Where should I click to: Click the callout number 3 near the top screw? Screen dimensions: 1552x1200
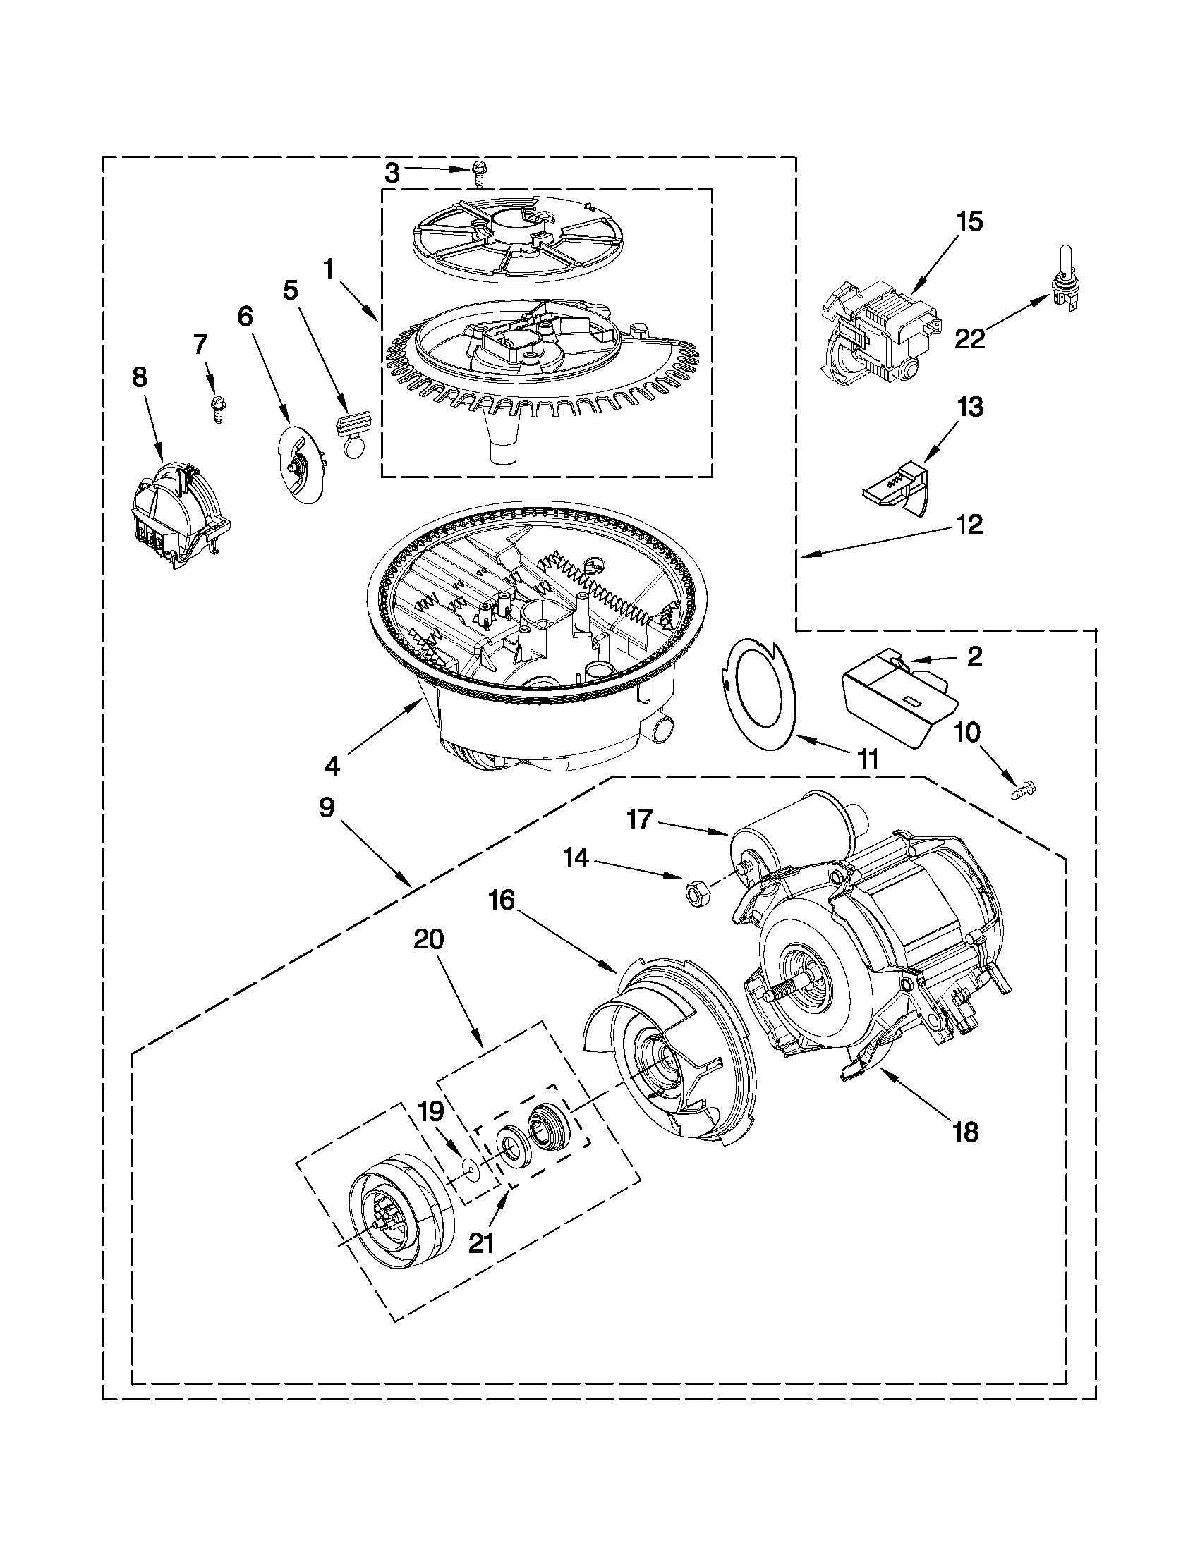[x=392, y=171]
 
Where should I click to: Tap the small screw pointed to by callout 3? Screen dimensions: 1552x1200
[x=479, y=173]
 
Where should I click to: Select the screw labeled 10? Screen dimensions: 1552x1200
[x=1024, y=788]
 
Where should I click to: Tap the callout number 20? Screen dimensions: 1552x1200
[x=429, y=939]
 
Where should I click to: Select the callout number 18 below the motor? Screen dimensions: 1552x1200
[x=965, y=1131]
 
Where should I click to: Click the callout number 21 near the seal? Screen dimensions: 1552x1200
[x=481, y=1242]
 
